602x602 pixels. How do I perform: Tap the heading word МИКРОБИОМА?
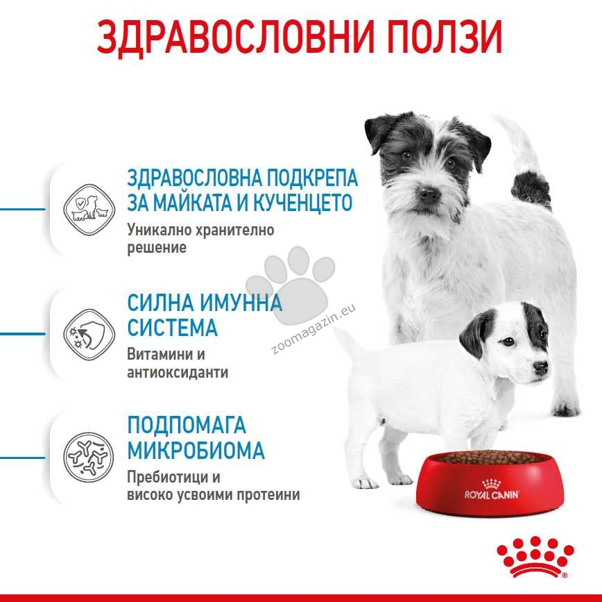196,450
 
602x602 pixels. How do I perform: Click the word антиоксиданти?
178,372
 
